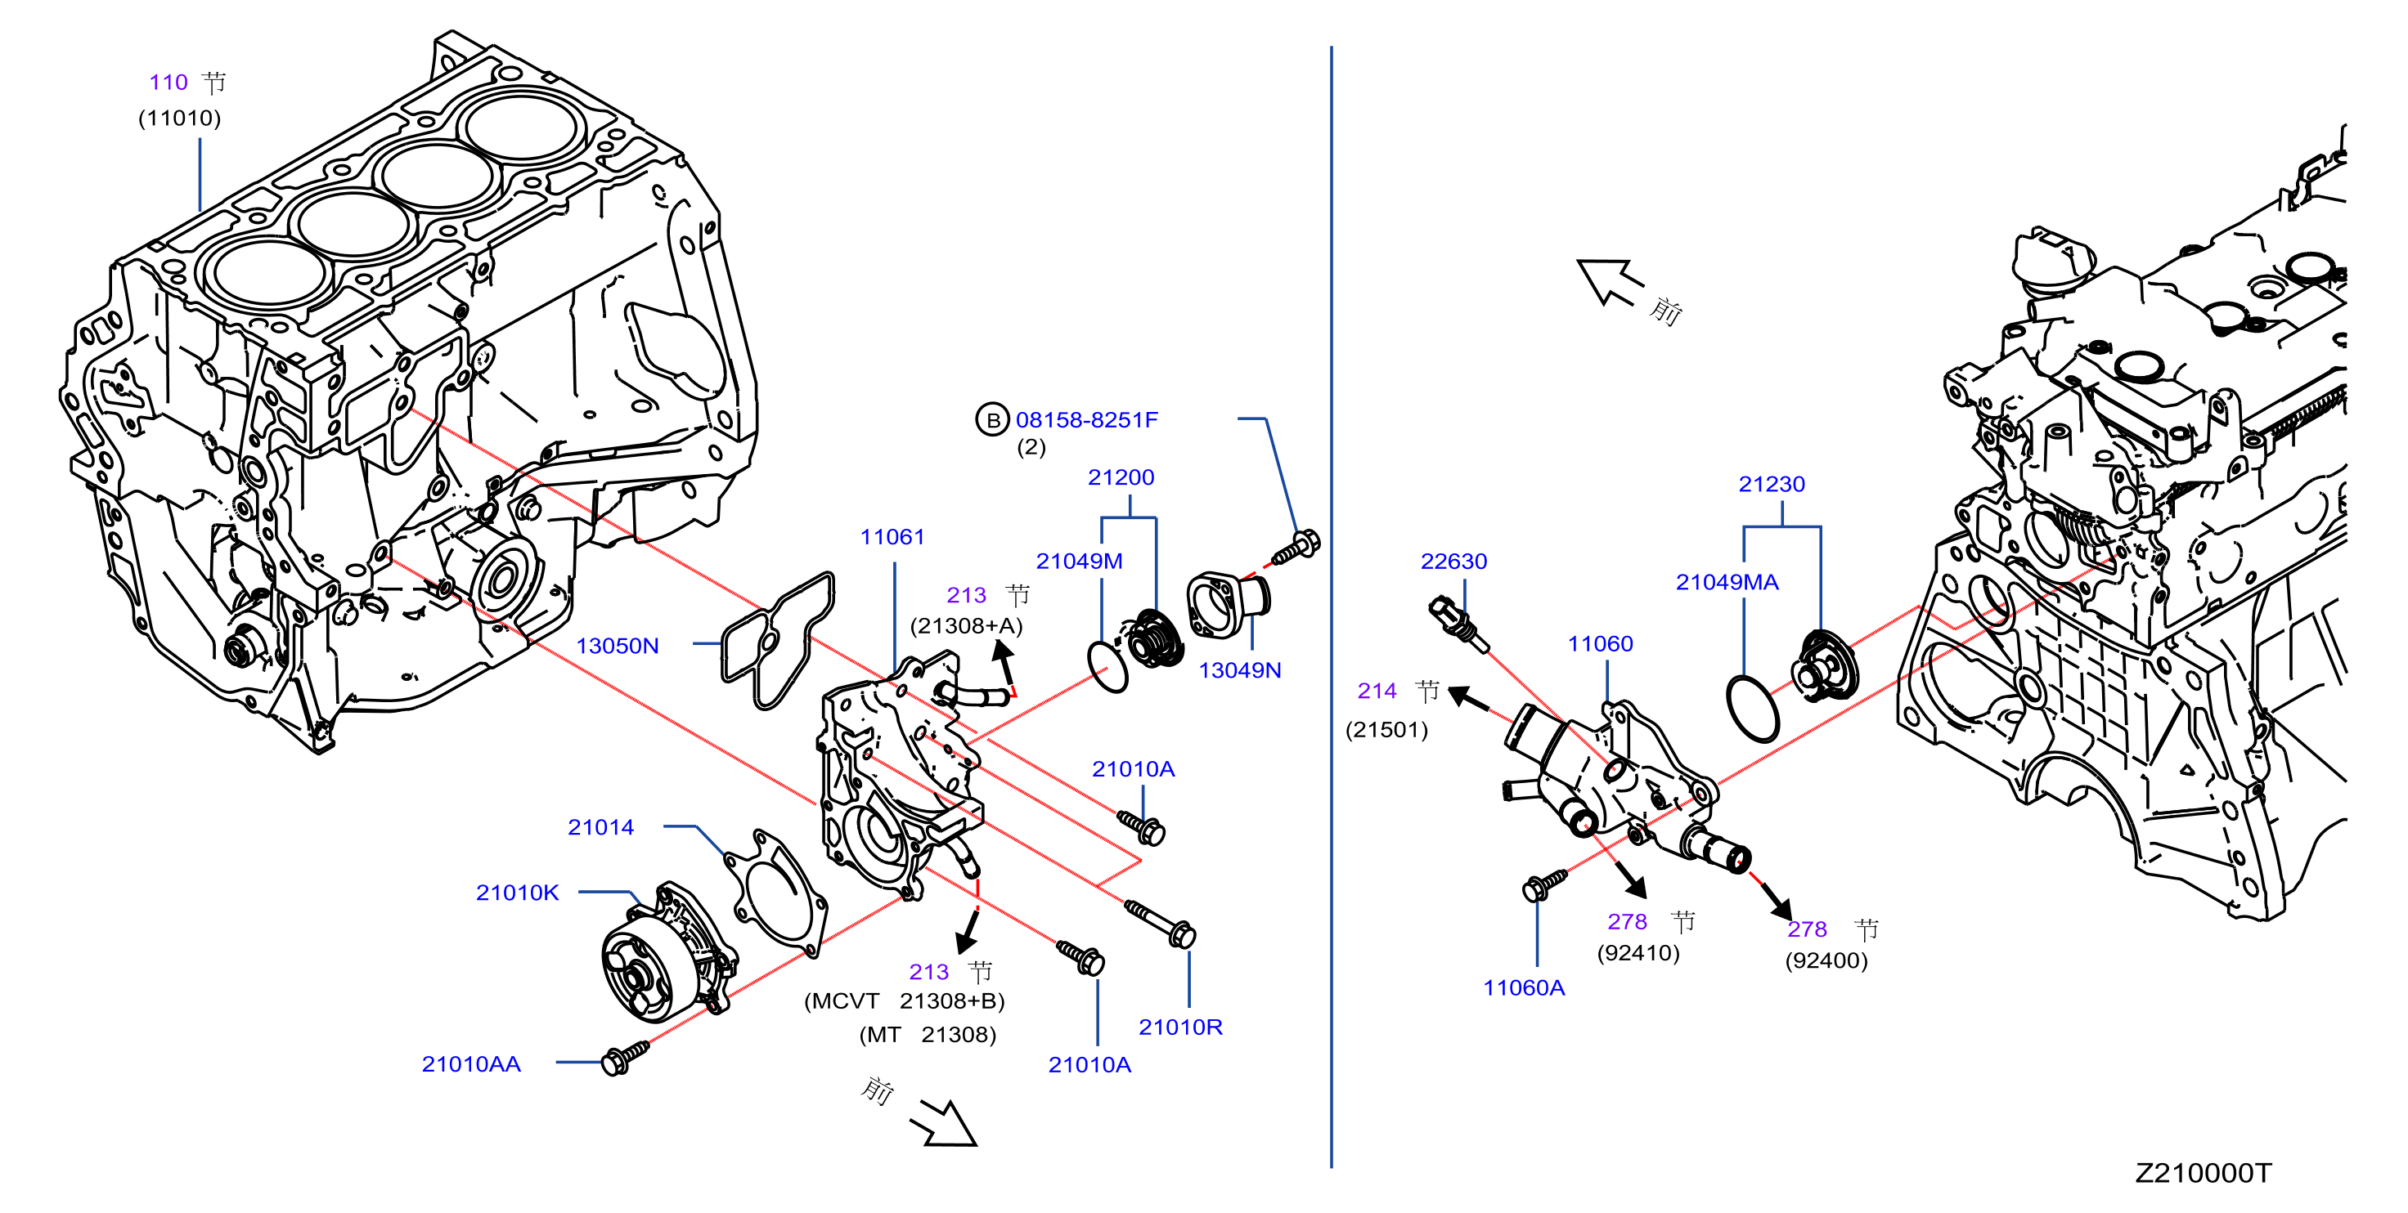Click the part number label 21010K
click(517, 893)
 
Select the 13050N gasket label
click(617, 646)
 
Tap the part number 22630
click(1453, 561)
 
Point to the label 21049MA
click(1727, 582)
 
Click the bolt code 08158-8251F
click(1086, 419)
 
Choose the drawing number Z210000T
click(2203, 1173)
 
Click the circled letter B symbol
click(993, 419)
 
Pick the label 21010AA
click(471, 1063)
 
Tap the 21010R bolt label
click(1180, 1027)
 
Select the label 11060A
click(1524, 987)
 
